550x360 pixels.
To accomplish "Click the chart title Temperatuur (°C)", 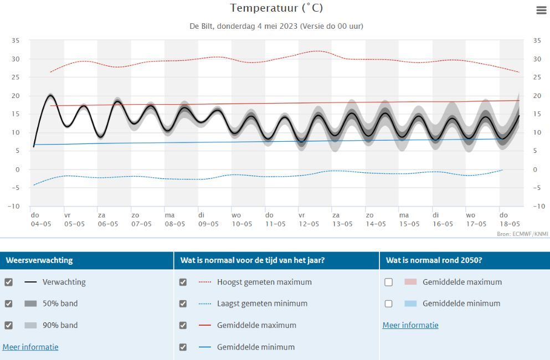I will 276,8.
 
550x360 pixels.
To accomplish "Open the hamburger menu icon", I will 541,10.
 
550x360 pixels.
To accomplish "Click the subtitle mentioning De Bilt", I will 276,26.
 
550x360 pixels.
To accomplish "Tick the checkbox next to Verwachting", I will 8,282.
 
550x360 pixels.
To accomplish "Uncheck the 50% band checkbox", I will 8,304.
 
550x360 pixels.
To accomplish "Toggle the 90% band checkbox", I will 8,325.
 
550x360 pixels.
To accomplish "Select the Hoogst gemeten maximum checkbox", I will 183,282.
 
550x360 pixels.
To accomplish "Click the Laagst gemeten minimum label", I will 262,304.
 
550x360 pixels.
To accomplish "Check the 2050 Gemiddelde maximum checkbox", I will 388,282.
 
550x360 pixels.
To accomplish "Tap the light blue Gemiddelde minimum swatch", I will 410,304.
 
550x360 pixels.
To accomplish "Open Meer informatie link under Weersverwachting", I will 30,347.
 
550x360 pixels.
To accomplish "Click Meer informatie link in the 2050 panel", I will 410,325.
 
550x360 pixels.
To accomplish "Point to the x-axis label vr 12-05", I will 309,220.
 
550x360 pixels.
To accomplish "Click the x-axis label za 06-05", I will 107,220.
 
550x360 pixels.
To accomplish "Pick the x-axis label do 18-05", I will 510,220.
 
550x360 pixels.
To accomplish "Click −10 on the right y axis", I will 537,207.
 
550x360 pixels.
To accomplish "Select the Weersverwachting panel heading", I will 39,260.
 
